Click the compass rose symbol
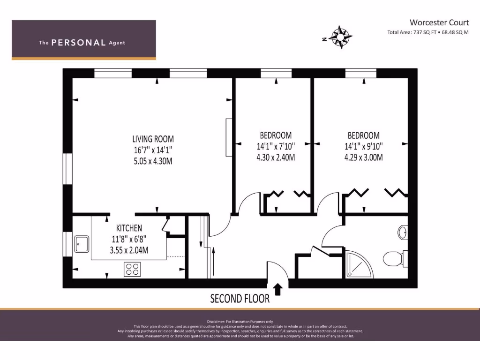tap(342, 36)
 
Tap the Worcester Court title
tap(439, 22)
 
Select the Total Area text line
tap(427, 32)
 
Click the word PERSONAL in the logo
tap(78, 43)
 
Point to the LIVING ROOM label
tap(153, 139)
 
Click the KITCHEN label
tap(129, 228)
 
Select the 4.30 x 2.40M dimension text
tap(276, 157)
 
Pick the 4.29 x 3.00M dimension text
tap(363, 157)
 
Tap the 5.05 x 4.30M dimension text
tap(153, 161)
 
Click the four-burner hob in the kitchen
tap(133, 269)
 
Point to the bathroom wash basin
tap(403, 232)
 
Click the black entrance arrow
tap(277, 289)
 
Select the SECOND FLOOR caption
tap(240, 298)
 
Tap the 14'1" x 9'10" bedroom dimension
tap(363, 146)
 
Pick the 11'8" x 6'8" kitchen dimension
tap(129, 239)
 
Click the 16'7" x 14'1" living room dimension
tap(153, 150)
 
